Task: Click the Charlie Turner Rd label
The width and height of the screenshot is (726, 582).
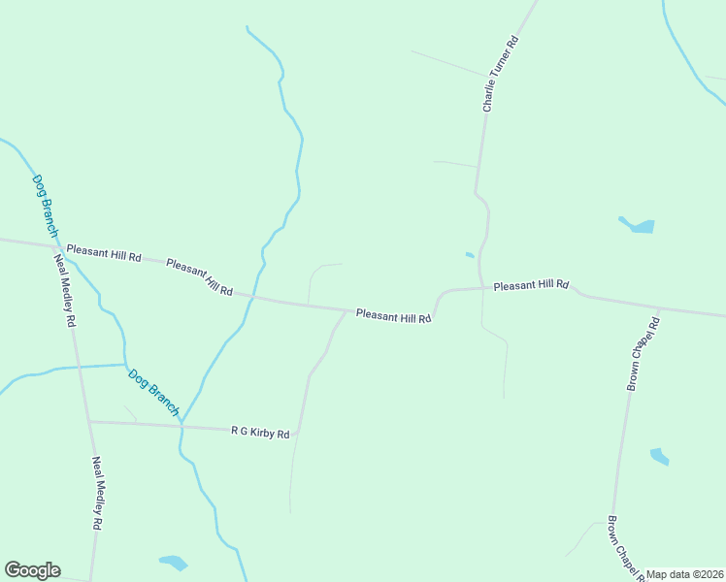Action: click(502, 73)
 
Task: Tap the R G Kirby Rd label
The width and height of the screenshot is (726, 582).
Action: click(260, 433)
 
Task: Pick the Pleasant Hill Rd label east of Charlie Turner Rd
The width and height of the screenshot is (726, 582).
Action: click(530, 285)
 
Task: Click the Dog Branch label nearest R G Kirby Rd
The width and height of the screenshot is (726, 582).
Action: click(153, 391)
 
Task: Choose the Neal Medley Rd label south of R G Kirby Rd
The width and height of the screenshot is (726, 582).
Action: click(97, 493)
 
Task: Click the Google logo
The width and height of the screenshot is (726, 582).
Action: click(32, 570)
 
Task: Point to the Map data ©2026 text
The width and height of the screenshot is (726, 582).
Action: click(685, 574)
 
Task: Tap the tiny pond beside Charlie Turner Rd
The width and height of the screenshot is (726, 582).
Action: click(470, 255)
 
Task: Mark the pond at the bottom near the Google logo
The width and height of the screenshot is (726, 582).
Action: click(174, 562)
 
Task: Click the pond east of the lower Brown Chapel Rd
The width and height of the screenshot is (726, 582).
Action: click(660, 456)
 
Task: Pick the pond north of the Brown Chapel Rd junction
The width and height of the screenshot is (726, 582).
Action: click(639, 225)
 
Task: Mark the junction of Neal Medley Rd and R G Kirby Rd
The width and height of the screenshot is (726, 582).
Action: click(87, 422)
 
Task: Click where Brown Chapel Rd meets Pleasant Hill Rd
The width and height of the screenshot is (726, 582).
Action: click(659, 309)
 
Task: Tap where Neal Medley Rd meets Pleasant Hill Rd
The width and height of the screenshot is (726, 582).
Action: click(54, 244)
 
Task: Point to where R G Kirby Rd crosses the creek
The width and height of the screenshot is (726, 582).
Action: click(181, 426)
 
